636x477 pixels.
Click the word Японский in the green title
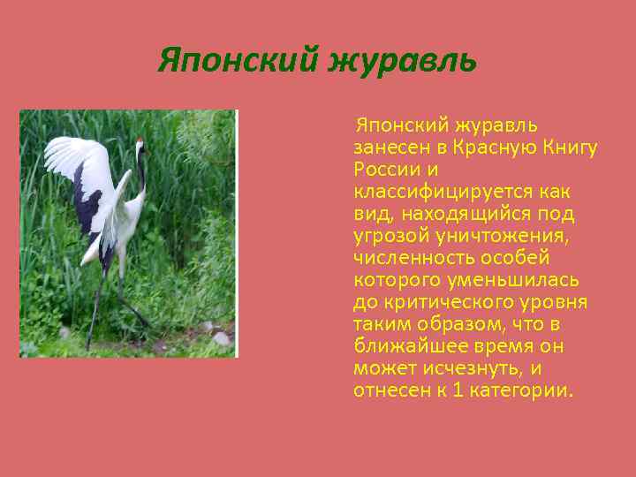click(x=238, y=61)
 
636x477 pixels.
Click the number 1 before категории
click(x=457, y=390)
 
